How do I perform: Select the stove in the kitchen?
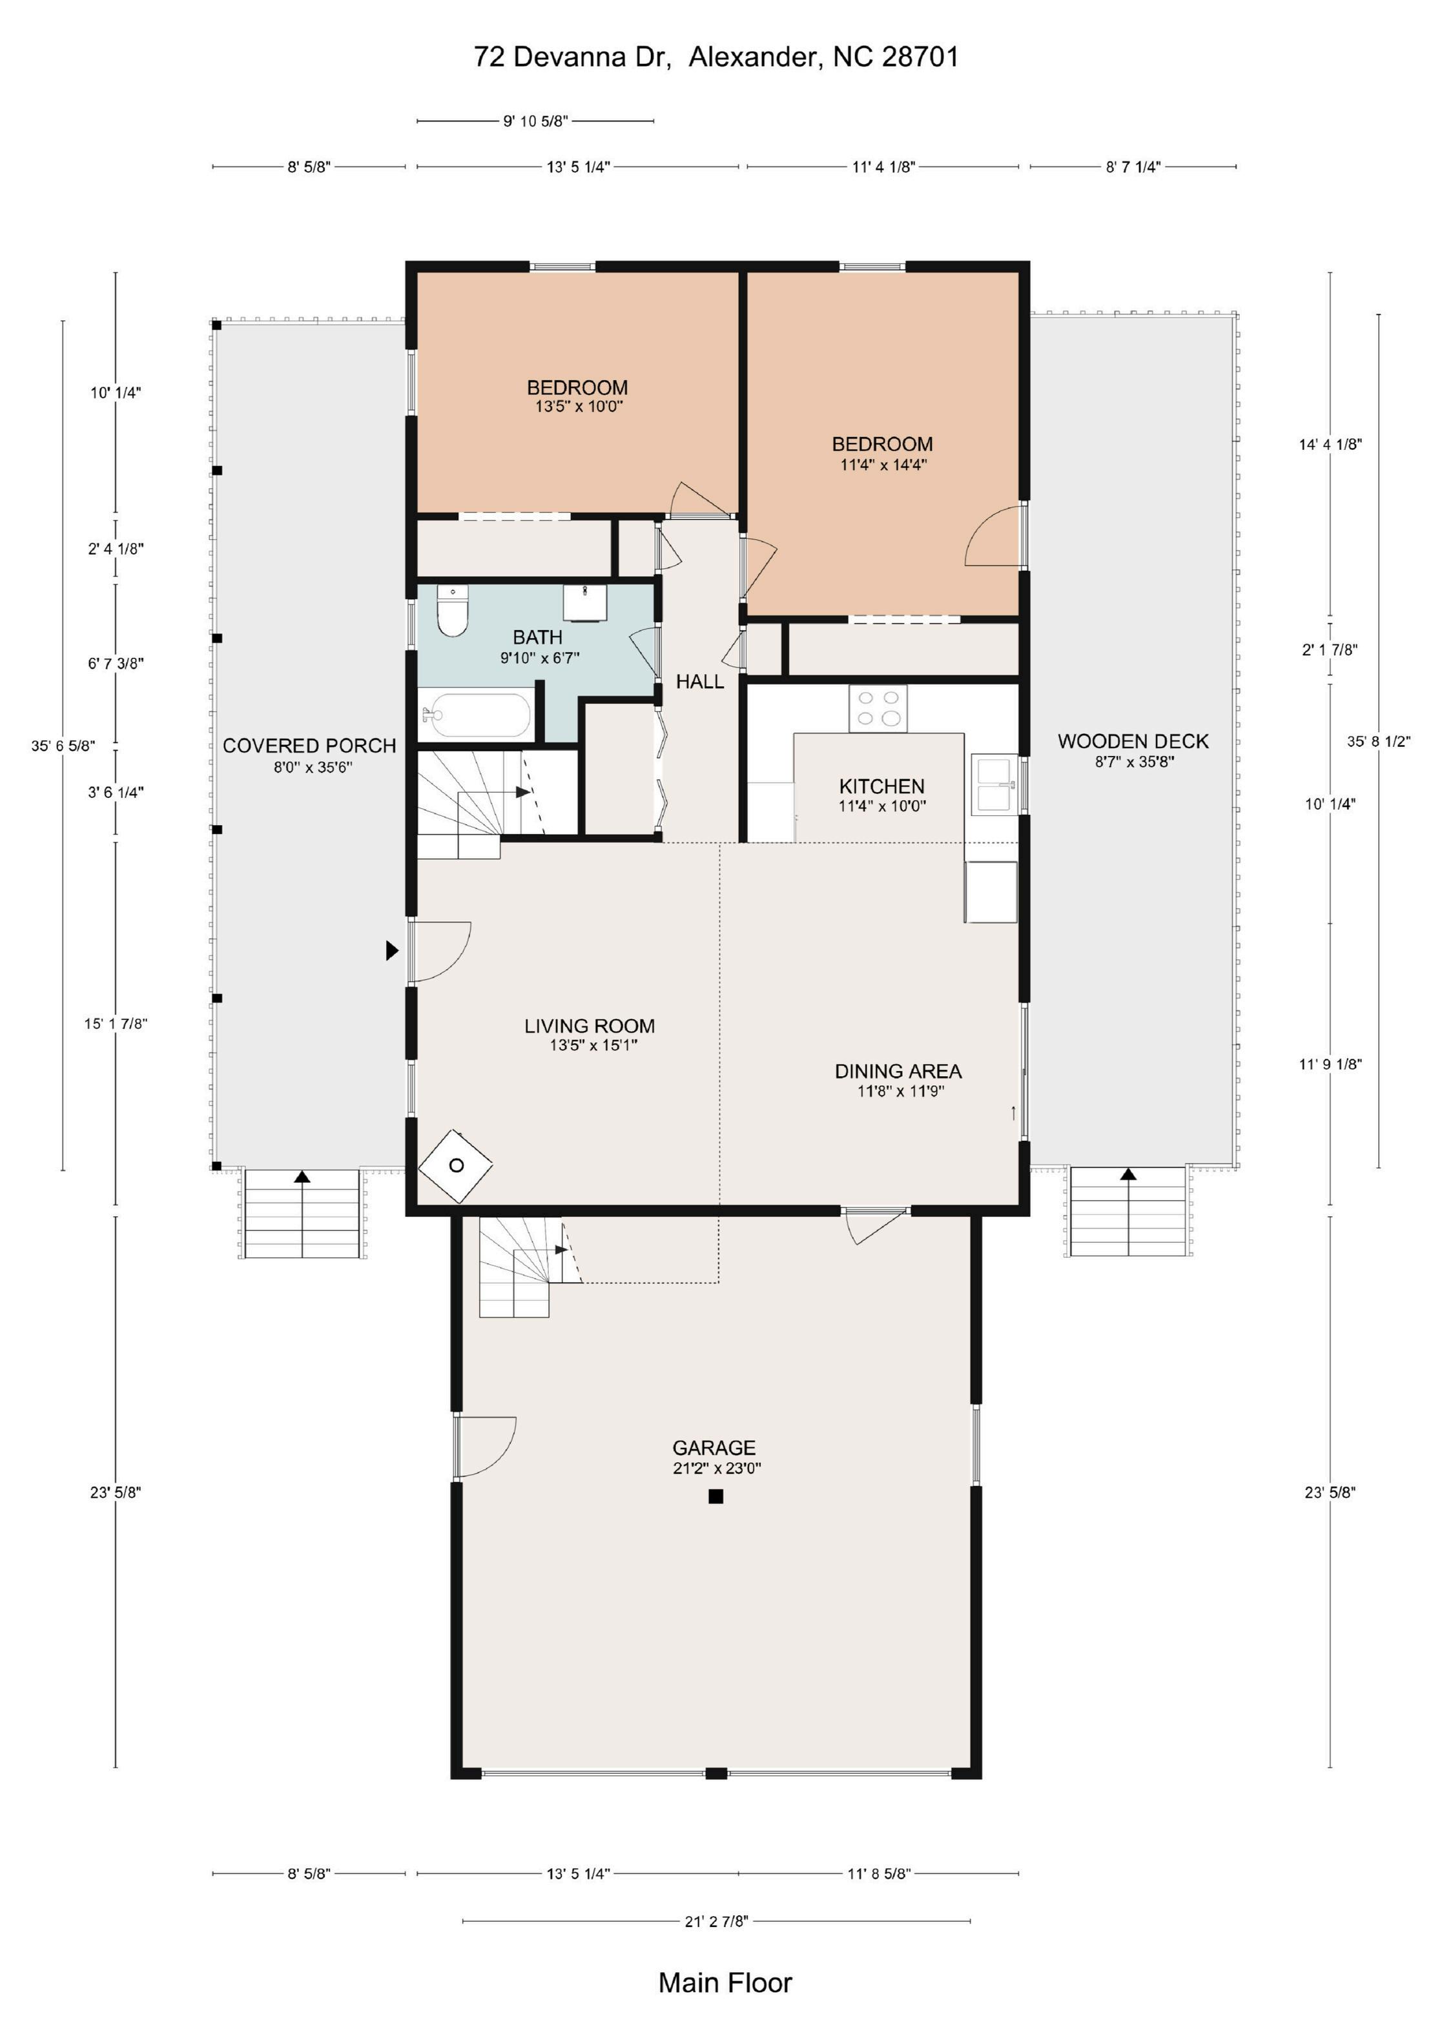point(878,708)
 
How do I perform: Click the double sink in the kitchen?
point(995,783)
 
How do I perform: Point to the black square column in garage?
point(716,1496)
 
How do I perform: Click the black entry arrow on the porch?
point(391,951)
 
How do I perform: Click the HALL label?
point(700,682)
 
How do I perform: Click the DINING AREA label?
point(898,1072)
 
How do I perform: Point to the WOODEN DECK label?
point(1133,741)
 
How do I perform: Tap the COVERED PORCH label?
point(309,746)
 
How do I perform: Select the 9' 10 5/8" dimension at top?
point(535,121)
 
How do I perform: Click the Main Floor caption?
point(725,1982)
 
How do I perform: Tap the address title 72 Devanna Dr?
point(572,57)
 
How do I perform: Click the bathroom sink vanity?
point(585,603)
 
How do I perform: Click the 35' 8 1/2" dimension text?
point(1378,741)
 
